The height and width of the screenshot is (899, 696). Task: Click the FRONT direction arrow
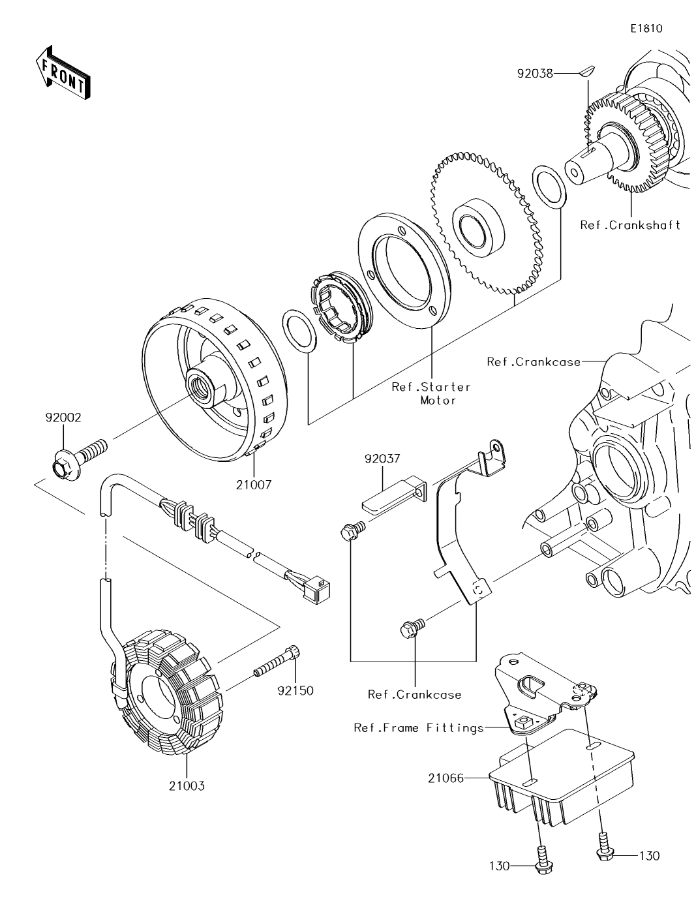tap(63, 72)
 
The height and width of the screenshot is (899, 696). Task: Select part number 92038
tap(535, 74)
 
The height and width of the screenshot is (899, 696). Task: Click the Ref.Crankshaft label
tap(630, 225)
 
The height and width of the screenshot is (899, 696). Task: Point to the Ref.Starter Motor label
tap(431, 393)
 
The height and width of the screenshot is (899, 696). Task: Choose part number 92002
tap(63, 418)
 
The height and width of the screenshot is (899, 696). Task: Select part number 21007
tap(254, 485)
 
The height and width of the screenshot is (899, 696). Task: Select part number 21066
tap(446, 778)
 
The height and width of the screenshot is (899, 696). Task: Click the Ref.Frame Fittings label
tap(419, 727)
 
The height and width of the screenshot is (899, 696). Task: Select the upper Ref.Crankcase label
tap(534, 361)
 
